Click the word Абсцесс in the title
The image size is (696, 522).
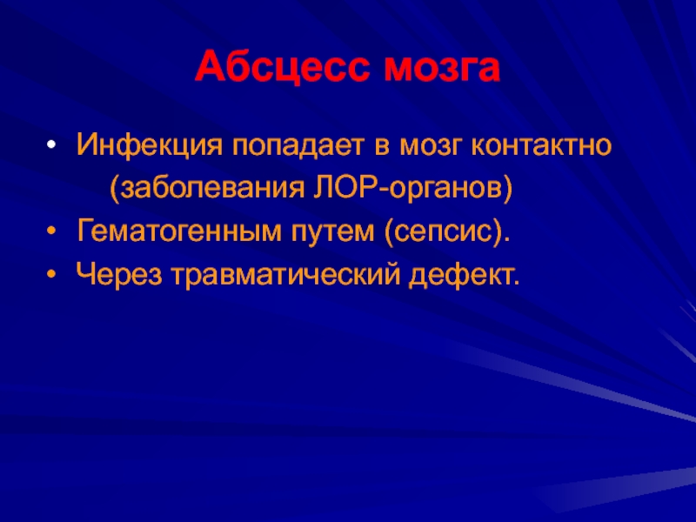282,67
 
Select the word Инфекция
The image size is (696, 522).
149,145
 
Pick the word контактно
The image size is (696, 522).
541,145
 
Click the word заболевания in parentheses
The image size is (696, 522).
212,189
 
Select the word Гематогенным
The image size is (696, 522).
179,231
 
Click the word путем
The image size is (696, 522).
333,232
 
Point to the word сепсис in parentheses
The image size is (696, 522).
442,232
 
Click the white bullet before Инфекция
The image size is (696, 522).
52,145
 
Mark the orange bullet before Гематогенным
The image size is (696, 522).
52,231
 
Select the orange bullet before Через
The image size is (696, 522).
52,274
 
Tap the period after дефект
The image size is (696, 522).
515,282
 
